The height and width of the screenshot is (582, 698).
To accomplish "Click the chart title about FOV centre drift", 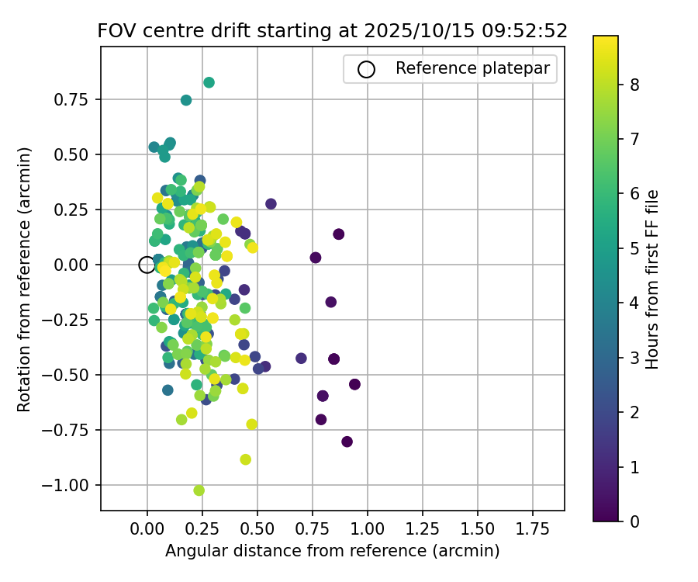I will (x=332, y=31).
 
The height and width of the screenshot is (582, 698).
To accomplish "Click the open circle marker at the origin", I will (x=147, y=265).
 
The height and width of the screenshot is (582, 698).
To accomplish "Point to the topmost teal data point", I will (x=209, y=82).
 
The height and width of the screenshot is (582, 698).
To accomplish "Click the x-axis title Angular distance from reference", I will (x=332, y=551).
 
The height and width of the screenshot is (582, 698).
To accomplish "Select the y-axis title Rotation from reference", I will (x=25, y=279).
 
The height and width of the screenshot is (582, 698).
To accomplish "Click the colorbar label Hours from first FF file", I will (x=652, y=279).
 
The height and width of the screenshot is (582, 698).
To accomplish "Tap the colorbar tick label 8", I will (x=634, y=85).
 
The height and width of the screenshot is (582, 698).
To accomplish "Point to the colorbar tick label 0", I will (x=634, y=521).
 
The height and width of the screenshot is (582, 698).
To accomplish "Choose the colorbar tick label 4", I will (x=634, y=303).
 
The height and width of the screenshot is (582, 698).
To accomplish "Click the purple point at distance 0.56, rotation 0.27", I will (x=271, y=204).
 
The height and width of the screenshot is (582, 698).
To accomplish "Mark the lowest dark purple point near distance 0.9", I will (x=347, y=442).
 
